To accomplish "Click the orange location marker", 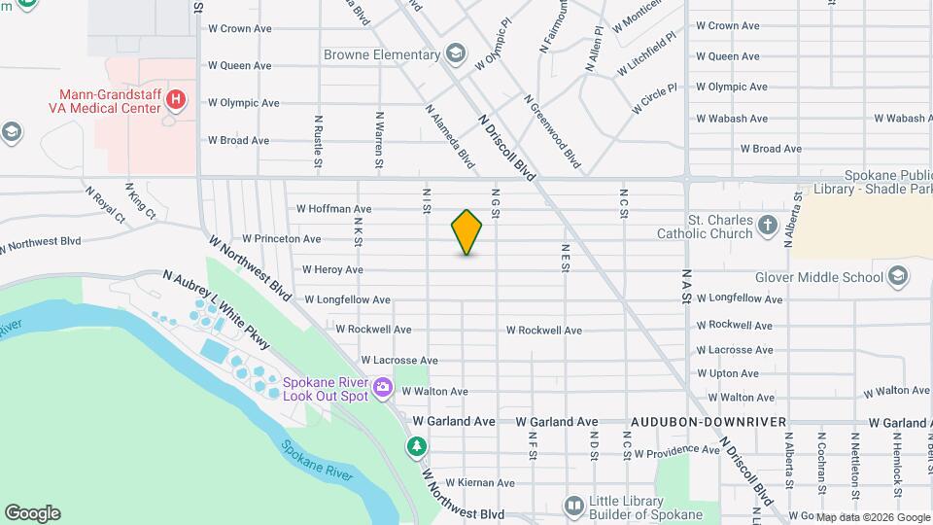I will [467, 232].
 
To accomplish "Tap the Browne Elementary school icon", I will [456, 54].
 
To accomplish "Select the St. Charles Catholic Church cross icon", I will [768, 227].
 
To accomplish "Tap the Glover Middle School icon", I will [898, 277].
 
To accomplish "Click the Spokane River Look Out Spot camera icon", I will [382, 388].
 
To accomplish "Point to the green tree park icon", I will [417, 446].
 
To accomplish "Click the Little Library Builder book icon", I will [574, 506].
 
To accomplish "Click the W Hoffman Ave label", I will [334, 209].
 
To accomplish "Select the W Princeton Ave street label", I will [282, 239].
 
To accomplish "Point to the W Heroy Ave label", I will [332, 270].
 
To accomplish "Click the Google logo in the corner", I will [32, 513].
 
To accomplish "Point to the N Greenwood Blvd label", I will [552, 132].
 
